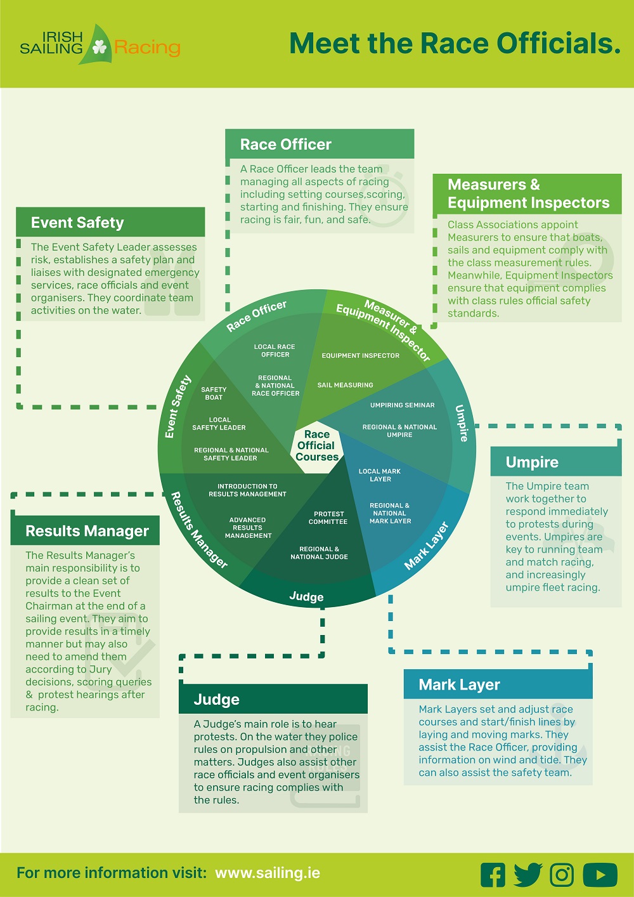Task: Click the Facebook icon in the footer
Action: (493, 875)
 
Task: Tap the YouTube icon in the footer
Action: (600, 875)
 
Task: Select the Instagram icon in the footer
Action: (562, 875)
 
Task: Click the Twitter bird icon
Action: (527, 875)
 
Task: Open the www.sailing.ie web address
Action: (268, 873)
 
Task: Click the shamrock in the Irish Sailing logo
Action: (100, 46)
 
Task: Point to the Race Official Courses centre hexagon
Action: (317, 445)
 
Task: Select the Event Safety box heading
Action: (77, 223)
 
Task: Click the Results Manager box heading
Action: (87, 531)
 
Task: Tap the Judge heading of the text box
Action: (217, 700)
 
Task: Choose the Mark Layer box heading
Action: (460, 685)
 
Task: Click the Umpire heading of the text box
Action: (532, 462)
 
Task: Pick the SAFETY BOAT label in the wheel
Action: (214, 393)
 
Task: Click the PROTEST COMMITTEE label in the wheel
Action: (328, 518)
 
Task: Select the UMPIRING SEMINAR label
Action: (403, 405)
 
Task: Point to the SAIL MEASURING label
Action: (345, 385)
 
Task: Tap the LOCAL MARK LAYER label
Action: (380, 475)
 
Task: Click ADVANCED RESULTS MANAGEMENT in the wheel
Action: (248, 528)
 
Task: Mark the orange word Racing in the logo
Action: (147, 48)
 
